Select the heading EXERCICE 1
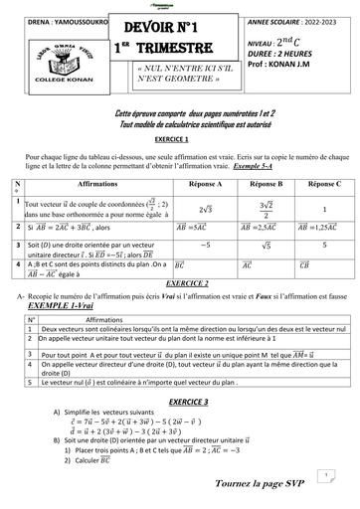click(179, 140)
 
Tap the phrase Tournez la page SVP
click(258, 481)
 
